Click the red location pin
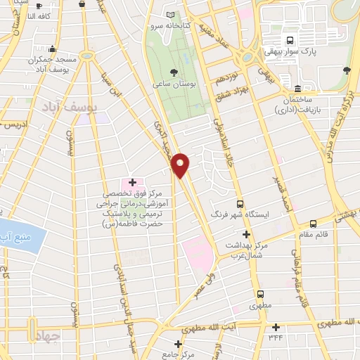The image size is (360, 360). [x=181, y=165]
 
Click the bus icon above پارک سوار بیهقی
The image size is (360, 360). [x=289, y=39]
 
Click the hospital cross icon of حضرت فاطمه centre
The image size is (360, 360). [x=132, y=181]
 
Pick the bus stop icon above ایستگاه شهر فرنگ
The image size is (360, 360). [x=240, y=202]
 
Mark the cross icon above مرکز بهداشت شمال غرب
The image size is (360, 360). [x=246, y=233]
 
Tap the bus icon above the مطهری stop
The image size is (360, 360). [x=261, y=295]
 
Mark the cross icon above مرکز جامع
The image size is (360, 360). [x=179, y=344]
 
